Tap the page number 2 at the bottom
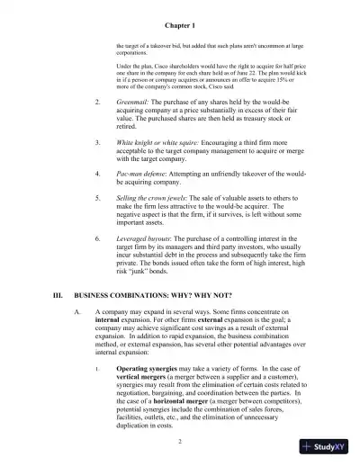pos(180,442)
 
